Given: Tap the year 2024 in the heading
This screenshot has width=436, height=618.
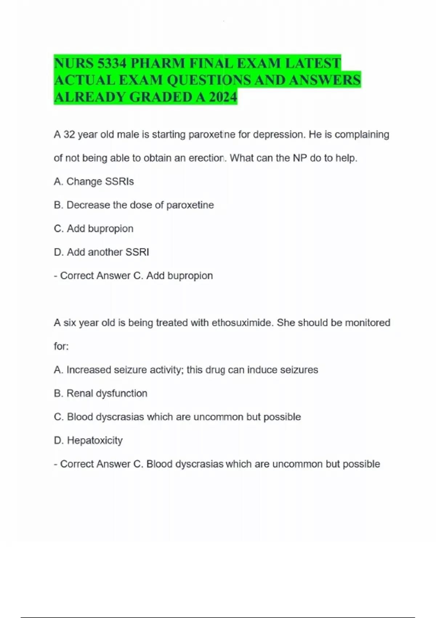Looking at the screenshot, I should pyautogui.click(x=223, y=97).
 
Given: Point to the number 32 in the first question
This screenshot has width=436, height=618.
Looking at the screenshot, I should pyautogui.click(x=69, y=135).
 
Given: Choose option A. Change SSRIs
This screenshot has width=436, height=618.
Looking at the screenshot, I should pyautogui.click(x=94, y=181).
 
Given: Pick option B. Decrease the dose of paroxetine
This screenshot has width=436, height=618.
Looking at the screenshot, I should pyautogui.click(x=134, y=205).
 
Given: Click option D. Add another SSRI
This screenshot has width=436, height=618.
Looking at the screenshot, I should pyautogui.click(x=101, y=252).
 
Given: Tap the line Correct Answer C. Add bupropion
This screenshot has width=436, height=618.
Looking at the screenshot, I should pyautogui.click(x=133, y=276).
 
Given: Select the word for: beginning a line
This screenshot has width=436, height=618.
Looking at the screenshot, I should pyautogui.click(x=61, y=346).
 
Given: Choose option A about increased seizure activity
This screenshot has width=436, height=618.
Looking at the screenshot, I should pyautogui.click(x=186, y=370).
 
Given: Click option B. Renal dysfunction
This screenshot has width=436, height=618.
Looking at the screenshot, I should pyautogui.click(x=100, y=393).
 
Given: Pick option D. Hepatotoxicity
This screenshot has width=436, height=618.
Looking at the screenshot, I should pyautogui.click(x=88, y=440).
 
